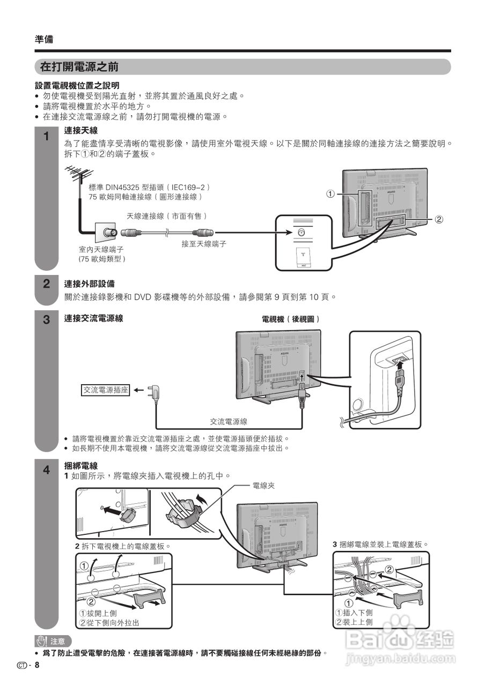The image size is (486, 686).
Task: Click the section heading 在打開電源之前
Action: (x=79, y=67)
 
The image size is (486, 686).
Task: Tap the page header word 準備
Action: (x=44, y=39)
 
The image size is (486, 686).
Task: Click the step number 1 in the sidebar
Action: (x=47, y=136)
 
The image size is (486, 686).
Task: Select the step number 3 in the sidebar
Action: (x=47, y=320)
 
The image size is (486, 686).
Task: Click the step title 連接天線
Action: (x=80, y=130)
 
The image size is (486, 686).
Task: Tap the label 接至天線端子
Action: (x=204, y=244)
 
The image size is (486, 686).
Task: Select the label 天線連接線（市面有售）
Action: (x=166, y=216)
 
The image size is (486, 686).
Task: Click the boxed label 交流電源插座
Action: (x=106, y=390)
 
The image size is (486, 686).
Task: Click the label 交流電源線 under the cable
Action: (x=228, y=422)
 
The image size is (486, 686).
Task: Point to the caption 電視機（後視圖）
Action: (x=291, y=319)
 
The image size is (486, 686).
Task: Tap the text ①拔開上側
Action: (x=98, y=613)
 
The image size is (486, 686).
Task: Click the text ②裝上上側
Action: (x=354, y=622)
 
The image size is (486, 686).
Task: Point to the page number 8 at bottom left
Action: (x=37, y=665)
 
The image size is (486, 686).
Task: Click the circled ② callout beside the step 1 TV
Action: (x=438, y=219)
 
